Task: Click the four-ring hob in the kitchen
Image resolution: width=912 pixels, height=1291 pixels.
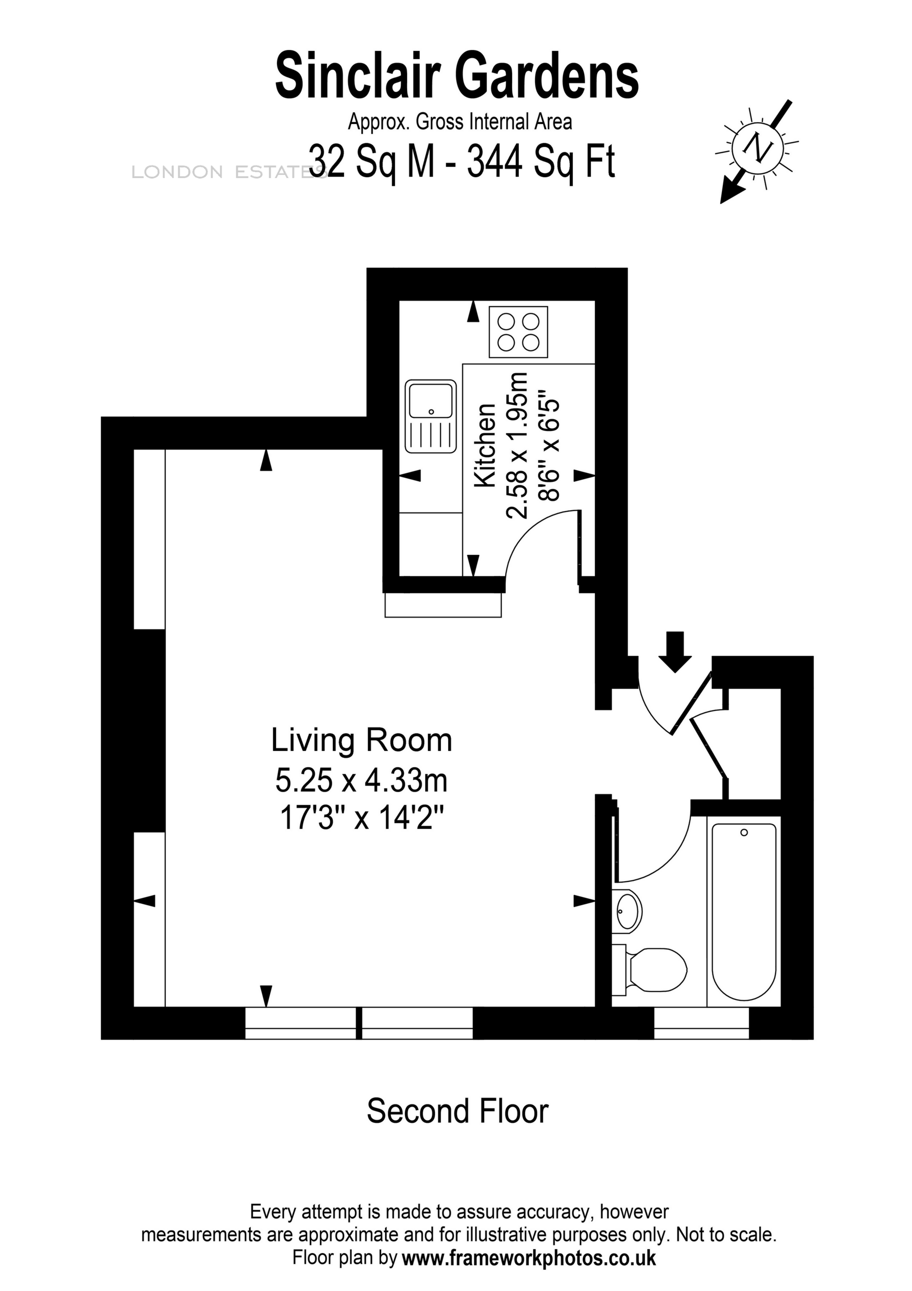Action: coord(518,332)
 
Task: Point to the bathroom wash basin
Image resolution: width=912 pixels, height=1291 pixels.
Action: coord(628,910)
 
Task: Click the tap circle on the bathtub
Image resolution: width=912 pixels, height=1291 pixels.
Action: coord(744,832)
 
